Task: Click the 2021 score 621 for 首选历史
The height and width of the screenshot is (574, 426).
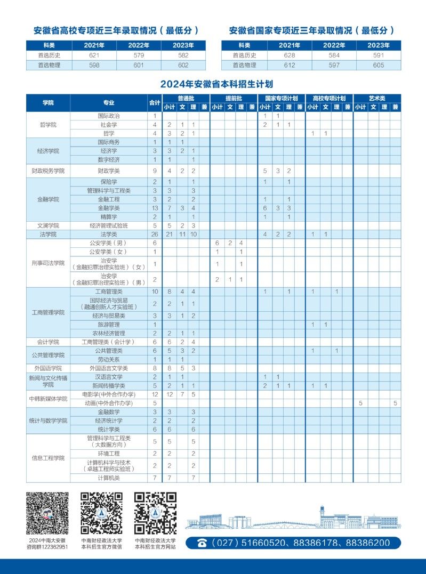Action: coord(94,55)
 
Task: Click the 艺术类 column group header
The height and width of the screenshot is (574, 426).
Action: coord(377,98)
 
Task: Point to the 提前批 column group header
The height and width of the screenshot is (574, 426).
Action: coord(234,98)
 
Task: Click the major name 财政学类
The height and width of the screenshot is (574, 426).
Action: coord(109,171)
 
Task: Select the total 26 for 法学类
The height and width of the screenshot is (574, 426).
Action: coord(155,235)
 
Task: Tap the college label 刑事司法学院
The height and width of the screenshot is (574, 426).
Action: coord(48,263)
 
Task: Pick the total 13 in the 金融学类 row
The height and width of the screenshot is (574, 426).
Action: coord(155,208)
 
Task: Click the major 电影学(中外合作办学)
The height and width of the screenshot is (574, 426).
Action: coord(109,394)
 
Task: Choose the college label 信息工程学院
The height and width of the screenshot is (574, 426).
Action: coord(48,458)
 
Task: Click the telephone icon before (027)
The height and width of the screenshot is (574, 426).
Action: coord(202,543)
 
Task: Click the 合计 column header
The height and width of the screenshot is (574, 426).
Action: coord(155,102)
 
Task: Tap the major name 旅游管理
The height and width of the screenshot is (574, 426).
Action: coord(109,325)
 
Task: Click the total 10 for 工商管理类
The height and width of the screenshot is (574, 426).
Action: coord(155,292)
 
